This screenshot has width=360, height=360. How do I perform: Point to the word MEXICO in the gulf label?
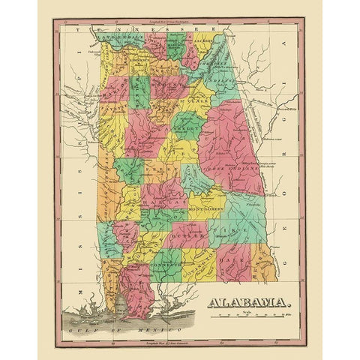point(154,330)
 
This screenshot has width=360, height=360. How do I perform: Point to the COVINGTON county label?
point(199,259)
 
